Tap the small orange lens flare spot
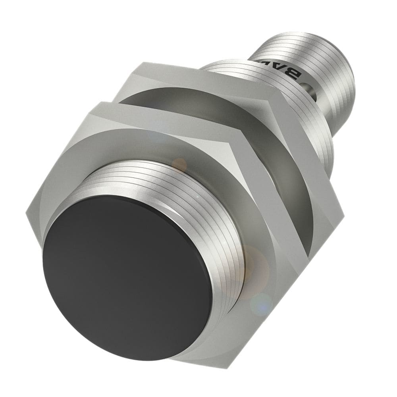coord(179,164)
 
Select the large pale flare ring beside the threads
coord(254,270)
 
